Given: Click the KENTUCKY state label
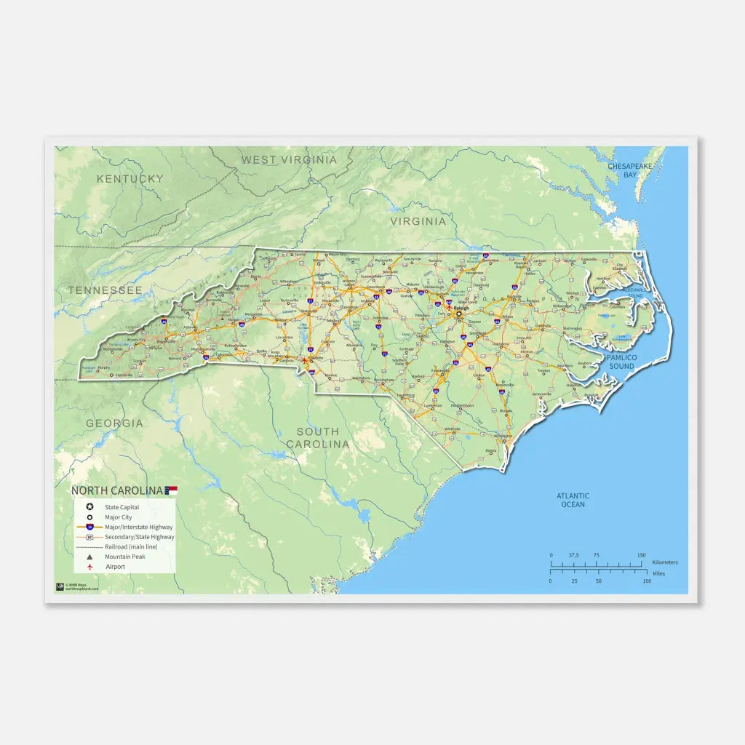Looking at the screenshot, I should click(x=130, y=179).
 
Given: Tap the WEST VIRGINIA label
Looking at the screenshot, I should click(x=290, y=160).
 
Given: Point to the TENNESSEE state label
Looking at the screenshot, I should click(x=105, y=290).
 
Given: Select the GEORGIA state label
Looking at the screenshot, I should click(x=114, y=423).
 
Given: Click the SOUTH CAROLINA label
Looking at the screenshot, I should click(x=317, y=438).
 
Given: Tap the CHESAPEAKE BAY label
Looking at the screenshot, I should click(x=631, y=170).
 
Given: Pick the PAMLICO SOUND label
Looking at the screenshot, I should click(x=621, y=362).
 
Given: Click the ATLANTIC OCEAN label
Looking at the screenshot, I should click(x=573, y=500).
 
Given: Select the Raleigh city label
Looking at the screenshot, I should click(x=462, y=308).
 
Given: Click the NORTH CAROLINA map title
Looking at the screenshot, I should click(x=117, y=491).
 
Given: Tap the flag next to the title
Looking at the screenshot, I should click(x=172, y=490).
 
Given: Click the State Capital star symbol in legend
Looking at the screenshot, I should click(x=89, y=506).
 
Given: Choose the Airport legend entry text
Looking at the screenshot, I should click(x=115, y=567).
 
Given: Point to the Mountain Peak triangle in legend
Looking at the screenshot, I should click(x=89, y=557).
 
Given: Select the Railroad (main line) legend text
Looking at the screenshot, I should click(x=131, y=546).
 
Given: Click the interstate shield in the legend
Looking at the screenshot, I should click(x=89, y=526).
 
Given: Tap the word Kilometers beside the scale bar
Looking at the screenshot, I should click(x=665, y=562).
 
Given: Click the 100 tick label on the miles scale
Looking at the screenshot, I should click(x=647, y=581).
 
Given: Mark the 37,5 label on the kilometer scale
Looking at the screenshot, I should click(x=573, y=555).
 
